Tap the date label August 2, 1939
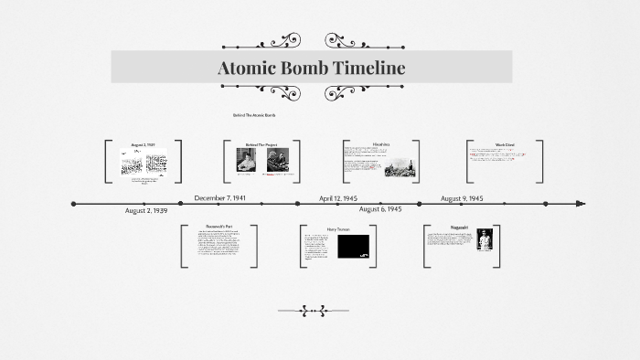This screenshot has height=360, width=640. click(146, 211)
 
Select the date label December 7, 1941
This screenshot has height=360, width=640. click(220, 197)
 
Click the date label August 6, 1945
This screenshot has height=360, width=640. click(380, 209)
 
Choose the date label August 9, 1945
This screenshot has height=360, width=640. click(462, 197)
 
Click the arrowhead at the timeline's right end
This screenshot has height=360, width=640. click(581, 203)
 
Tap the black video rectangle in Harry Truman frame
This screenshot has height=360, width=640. click(353, 246)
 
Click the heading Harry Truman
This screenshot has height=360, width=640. click(338, 229)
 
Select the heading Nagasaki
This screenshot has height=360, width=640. click(461, 228)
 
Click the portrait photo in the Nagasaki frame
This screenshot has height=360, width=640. click(485, 240)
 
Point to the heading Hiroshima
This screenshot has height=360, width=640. click(381, 144)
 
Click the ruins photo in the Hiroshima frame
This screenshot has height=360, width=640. click(399, 166)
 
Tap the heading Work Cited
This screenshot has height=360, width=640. click(505, 144)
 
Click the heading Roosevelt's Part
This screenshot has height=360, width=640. click(219, 228)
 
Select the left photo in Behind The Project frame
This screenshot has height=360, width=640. click(247, 160)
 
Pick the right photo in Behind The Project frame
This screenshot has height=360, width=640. click(277, 160)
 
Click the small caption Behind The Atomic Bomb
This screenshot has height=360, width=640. click(254, 115)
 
